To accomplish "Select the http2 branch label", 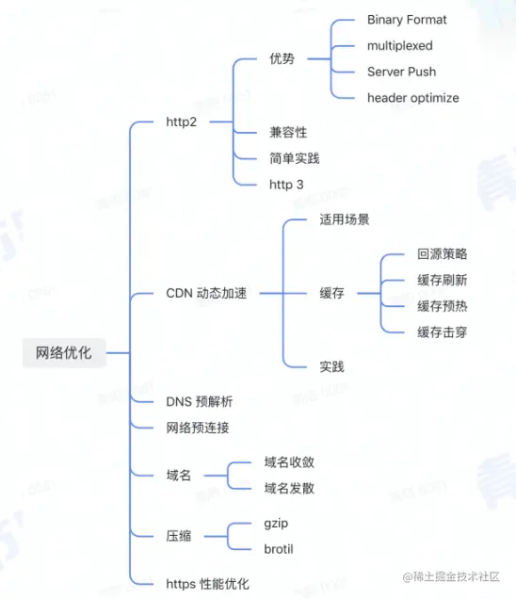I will [181, 121].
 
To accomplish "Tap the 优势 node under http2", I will [282, 58].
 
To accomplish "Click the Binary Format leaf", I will [407, 20].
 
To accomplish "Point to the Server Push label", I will [401, 72].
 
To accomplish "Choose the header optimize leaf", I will [413, 97].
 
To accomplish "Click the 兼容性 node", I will [288, 133].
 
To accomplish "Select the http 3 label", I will [286, 185].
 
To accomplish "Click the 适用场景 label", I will [345, 219].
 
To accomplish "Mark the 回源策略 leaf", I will [443, 254].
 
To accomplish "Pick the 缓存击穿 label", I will [443, 332].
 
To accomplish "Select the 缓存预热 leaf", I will [443, 306].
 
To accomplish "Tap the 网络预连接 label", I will [197, 428].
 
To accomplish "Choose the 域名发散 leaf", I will [289, 488].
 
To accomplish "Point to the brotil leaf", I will [279, 549].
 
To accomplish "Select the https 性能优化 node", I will [207, 584].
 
